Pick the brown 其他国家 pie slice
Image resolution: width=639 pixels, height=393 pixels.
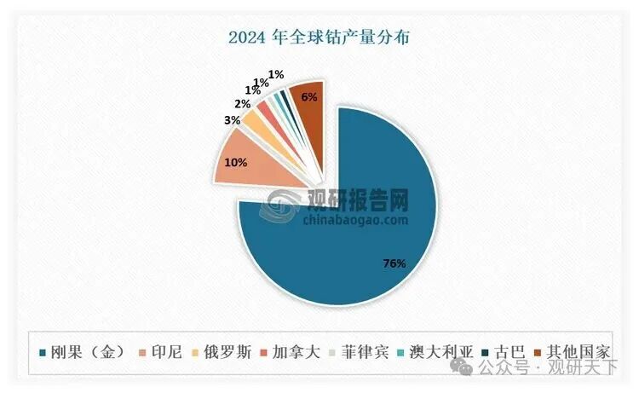point(307,107)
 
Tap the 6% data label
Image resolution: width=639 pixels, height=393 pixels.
point(308,97)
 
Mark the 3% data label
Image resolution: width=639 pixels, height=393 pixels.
point(231,121)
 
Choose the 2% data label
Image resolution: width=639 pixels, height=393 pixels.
point(243,103)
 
